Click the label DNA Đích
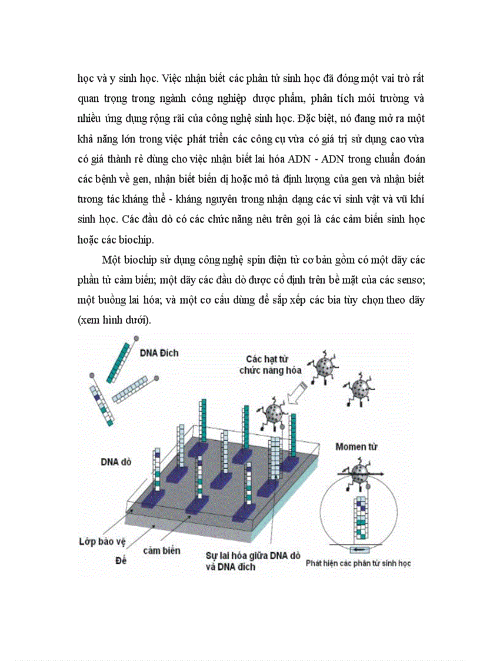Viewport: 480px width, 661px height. (x=159, y=353)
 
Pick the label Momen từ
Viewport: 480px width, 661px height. (x=356, y=447)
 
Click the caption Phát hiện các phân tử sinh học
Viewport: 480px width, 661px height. (x=358, y=563)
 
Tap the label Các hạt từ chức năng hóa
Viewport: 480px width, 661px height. (x=270, y=364)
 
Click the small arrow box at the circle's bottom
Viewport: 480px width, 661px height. (x=358, y=550)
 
